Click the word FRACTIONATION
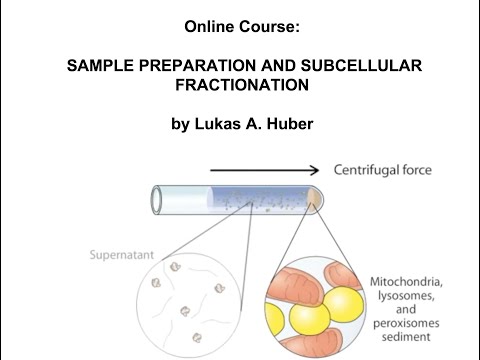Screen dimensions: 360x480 [239, 86]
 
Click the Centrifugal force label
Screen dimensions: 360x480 [382, 171]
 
